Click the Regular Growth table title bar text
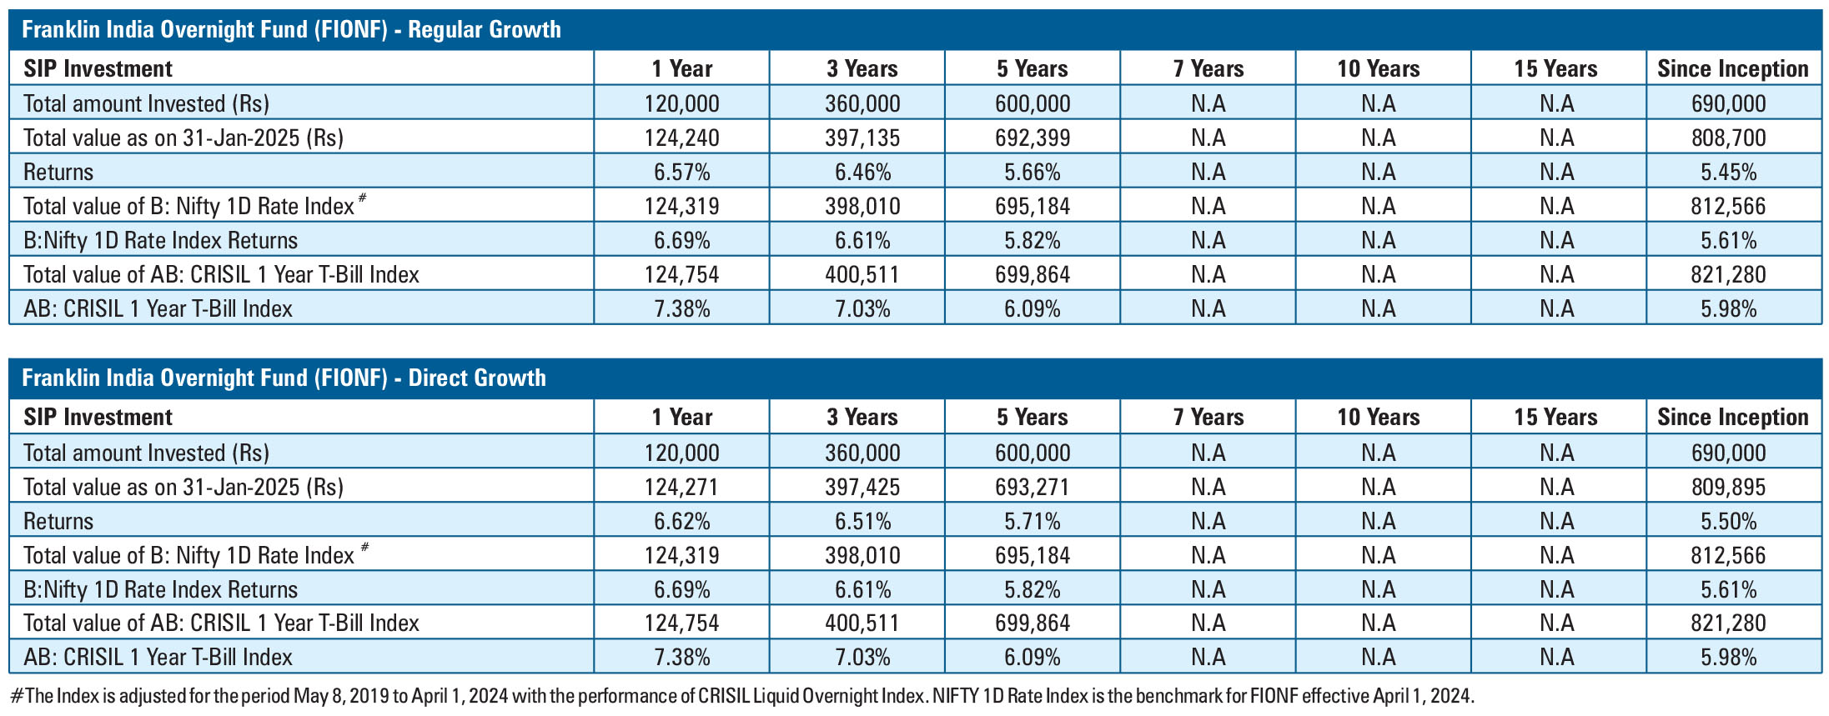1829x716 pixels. [x=291, y=30]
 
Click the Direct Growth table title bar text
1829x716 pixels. [x=284, y=378]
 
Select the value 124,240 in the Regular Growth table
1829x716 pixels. [x=681, y=138]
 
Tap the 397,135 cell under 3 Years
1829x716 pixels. [x=862, y=138]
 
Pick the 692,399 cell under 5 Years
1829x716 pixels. [x=1032, y=138]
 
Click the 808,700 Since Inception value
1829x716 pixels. [x=1728, y=138]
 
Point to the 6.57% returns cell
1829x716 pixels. [x=681, y=172]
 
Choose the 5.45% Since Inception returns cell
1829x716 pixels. [x=1728, y=172]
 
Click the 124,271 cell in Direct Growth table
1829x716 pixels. [x=681, y=487]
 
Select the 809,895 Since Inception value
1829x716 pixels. [x=1728, y=487]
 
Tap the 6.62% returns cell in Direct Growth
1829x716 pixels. [x=681, y=521]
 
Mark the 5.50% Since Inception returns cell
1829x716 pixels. [x=1728, y=521]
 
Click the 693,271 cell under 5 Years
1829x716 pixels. [x=1032, y=487]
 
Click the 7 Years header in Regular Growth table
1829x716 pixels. [x=1208, y=68]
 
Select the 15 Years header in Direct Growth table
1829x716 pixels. [x=1555, y=417]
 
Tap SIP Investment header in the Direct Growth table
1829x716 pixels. [x=98, y=417]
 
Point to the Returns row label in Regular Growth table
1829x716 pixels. [x=58, y=172]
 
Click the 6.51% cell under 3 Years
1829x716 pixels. [x=862, y=521]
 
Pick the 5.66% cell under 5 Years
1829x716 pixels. [x=1032, y=172]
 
